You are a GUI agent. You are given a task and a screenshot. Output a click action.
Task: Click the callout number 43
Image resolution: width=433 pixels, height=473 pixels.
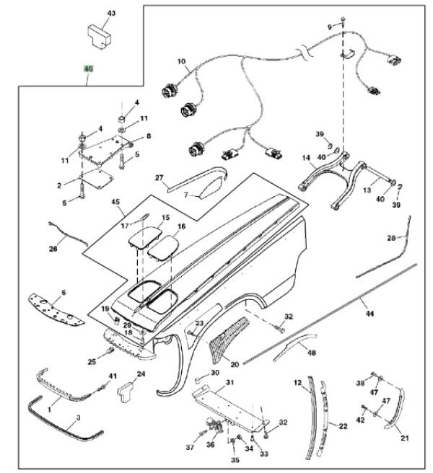111,14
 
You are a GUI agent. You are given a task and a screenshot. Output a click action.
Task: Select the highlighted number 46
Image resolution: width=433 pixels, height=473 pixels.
89,69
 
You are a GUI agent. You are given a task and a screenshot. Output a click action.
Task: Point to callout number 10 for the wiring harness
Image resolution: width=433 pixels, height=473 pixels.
180,61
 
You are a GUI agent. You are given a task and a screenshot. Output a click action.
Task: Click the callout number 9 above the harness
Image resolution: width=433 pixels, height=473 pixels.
331,27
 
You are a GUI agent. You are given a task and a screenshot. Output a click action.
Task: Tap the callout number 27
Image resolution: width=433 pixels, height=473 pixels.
159,177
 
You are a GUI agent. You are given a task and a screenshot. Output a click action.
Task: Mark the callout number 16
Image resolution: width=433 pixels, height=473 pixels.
181,226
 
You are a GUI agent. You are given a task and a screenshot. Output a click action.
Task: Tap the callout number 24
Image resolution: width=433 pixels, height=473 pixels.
141,374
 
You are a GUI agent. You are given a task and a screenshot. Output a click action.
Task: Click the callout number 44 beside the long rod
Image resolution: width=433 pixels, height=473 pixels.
370,314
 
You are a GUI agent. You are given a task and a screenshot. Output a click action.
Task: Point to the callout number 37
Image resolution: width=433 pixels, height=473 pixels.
191,448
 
